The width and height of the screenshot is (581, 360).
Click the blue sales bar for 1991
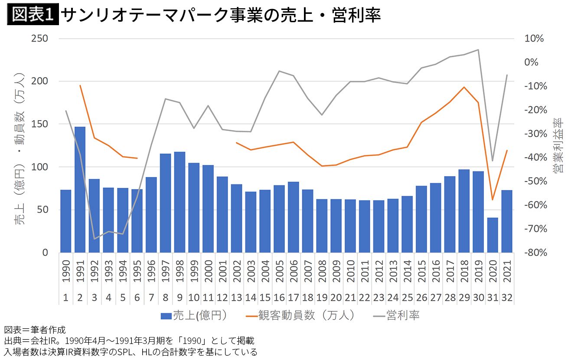[80, 190]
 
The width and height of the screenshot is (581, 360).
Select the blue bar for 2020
[493, 235]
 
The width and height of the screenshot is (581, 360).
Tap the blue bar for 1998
[180, 202]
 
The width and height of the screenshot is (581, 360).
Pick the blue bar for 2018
[464, 211]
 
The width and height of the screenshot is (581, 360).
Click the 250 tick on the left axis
[39, 39]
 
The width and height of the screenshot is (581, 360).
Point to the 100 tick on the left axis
[39, 167]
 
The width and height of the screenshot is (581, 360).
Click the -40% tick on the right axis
[535, 157]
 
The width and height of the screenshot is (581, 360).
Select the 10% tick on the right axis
[534, 39]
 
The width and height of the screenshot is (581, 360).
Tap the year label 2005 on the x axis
[279, 271]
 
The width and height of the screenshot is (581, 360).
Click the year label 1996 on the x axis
[151, 271]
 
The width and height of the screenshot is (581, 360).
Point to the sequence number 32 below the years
[507, 298]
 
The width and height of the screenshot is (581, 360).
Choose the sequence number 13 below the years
[237, 298]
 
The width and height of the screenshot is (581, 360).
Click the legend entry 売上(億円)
[194, 315]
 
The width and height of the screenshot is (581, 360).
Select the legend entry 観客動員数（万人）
[300, 315]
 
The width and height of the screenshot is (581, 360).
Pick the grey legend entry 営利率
[396, 315]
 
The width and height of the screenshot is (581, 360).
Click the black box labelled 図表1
[33, 14]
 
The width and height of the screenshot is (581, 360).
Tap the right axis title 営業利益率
[558, 145]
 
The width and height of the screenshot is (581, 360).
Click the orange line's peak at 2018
[464, 87]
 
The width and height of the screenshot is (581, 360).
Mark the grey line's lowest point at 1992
[95, 239]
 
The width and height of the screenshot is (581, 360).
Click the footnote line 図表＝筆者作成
[35, 330]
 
